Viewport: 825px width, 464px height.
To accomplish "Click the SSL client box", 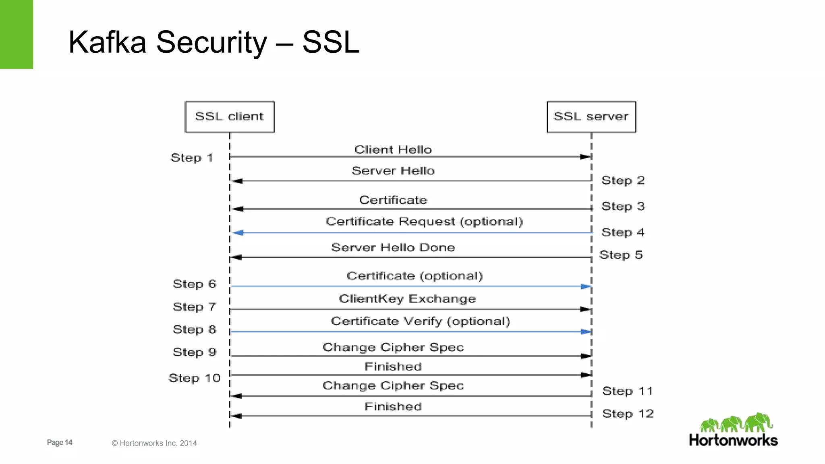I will pyautogui.click(x=230, y=117).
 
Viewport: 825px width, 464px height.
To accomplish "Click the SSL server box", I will pyautogui.click(x=591, y=117).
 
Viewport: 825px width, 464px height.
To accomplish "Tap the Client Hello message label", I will pyautogui.click(x=393, y=150).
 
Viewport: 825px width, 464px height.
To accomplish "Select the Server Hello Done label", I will pyautogui.click(x=393, y=247).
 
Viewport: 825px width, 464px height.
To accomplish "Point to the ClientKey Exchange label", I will pyautogui.click(x=407, y=299).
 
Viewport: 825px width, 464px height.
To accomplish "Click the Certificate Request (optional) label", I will pyautogui.click(x=424, y=222).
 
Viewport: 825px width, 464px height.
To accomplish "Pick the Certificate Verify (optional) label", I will pyautogui.click(x=420, y=321).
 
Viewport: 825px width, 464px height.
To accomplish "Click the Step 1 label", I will pyautogui.click(x=192, y=158).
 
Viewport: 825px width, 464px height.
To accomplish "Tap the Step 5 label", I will pyautogui.click(x=621, y=255).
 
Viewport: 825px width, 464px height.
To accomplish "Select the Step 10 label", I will pyautogui.click(x=195, y=378).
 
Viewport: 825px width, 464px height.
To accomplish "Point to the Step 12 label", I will pyautogui.click(x=628, y=414).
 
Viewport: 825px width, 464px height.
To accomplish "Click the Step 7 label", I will pyautogui.click(x=195, y=307).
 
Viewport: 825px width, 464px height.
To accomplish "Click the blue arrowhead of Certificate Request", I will pyautogui.click(x=238, y=233).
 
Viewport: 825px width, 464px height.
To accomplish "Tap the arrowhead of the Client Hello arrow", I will pyautogui.click(x=585, y=157).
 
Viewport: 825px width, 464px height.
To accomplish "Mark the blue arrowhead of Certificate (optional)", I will pyautogui.click(x=586, y=286).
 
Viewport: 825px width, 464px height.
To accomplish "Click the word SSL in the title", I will pyautogui.click(x=330, y=42).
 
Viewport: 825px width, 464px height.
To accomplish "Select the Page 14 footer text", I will pyautogui.click(x=60, y=442).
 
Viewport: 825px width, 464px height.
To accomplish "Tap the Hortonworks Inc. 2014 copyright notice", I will pyautogui.click(x=154, y=443).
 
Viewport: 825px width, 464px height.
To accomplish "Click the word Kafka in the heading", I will pyautogui.click(x=107, y=42).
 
